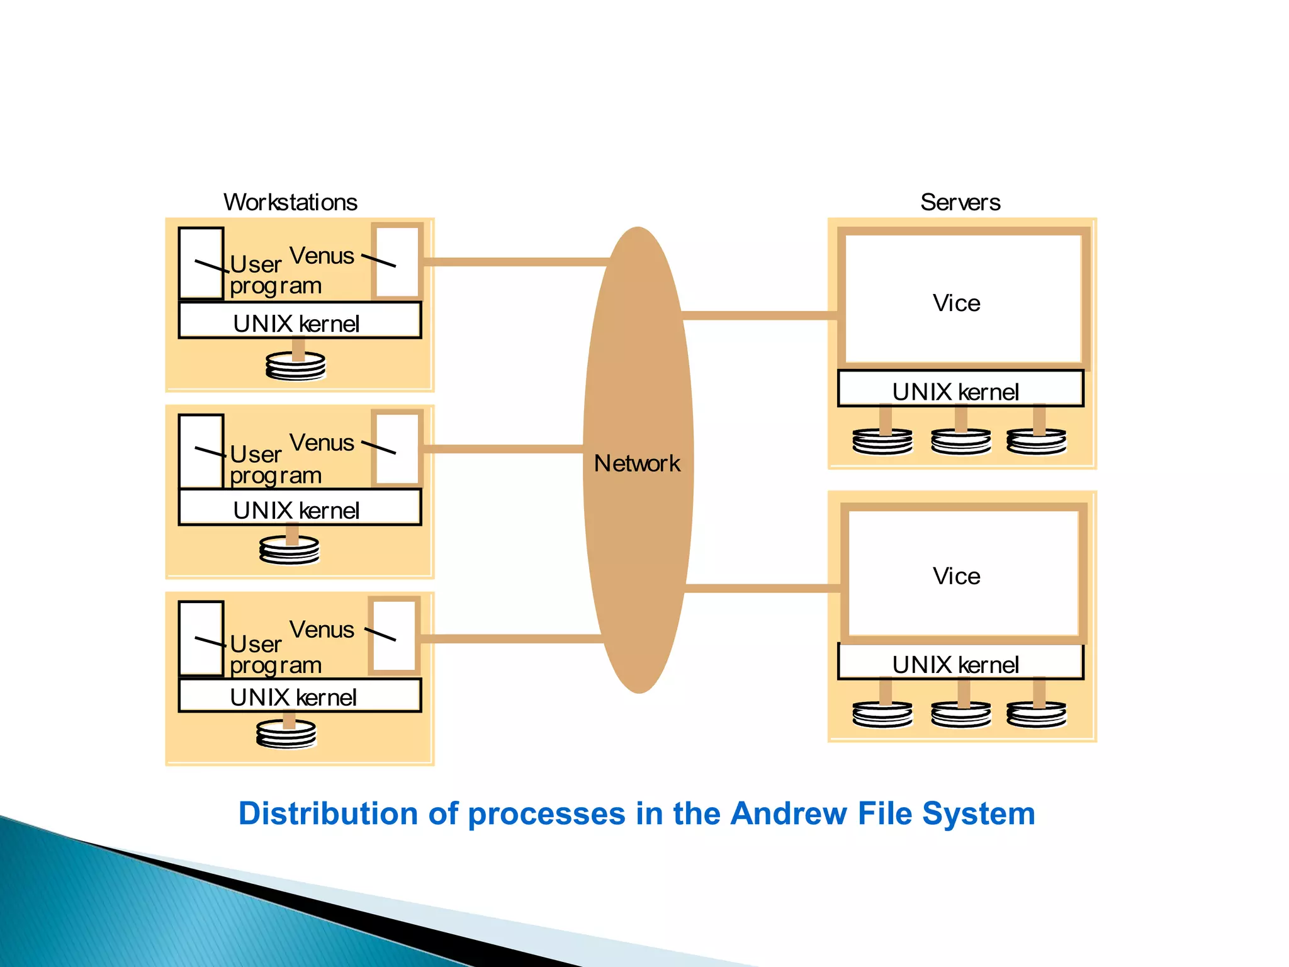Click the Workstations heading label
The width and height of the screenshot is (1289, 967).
(290, 203)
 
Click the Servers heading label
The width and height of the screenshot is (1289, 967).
(960, 203)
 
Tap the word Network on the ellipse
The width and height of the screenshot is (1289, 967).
(637, 464)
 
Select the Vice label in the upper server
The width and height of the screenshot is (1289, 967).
(956, 303)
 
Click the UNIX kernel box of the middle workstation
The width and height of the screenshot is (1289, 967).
(299, 509)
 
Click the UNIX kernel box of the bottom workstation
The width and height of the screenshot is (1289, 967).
(299, 696)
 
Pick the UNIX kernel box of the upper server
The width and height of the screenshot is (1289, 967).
(959, 390)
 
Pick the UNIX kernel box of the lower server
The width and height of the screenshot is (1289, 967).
(959, 663)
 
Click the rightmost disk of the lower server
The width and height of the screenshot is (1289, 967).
(1036, 715)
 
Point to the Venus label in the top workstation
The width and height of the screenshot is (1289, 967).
(322, 256)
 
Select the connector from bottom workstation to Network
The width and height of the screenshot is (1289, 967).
(510, 638)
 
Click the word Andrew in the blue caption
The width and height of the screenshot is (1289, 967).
(789, 813)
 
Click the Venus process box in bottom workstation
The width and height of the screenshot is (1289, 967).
(395, 636)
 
